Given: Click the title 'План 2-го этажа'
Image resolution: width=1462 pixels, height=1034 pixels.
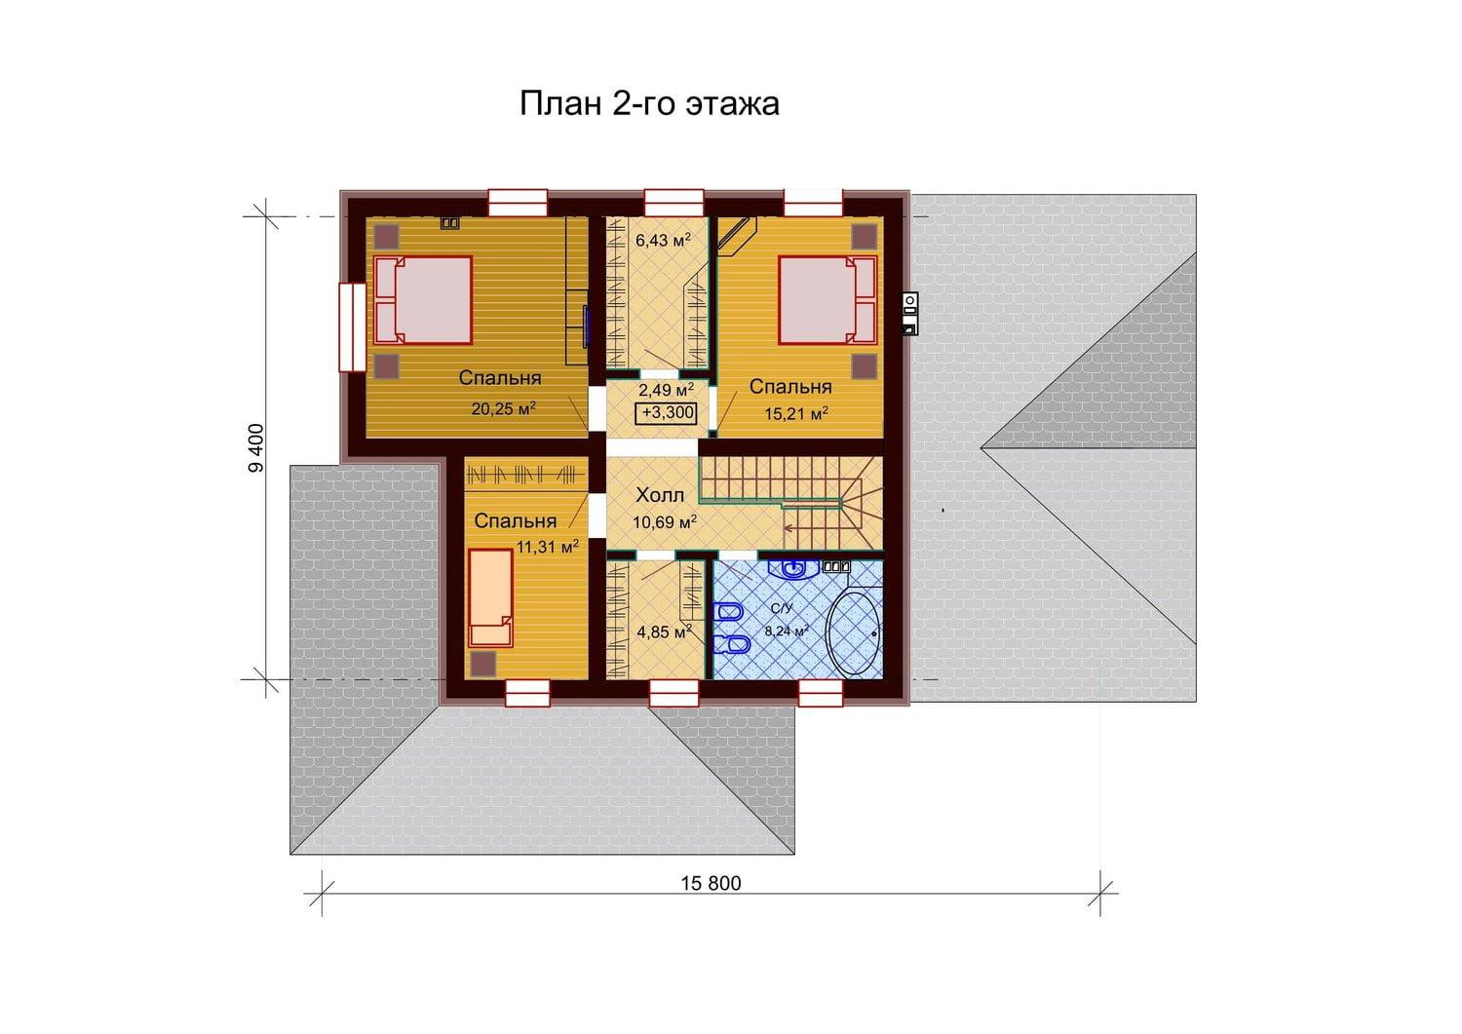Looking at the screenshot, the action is tap(649, 103).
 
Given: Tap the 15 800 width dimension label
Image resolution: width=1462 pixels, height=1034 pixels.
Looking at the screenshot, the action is tap(711, 883).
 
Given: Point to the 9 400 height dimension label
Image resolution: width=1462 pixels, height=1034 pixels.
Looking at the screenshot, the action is tap(256, 447).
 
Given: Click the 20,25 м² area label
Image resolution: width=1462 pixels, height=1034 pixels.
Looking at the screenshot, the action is tap(503, 408).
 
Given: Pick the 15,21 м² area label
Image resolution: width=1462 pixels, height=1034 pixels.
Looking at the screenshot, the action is tap(795, 413).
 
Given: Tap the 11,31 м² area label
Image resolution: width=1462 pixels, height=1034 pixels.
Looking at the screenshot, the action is tap(548, 547).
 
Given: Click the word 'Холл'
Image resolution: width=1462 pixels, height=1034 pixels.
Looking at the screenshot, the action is tap(660, 495).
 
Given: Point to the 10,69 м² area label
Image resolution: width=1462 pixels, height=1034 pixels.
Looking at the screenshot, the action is tap(665, 521).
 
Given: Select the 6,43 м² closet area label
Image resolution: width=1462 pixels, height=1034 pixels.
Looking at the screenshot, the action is tap(663, 240).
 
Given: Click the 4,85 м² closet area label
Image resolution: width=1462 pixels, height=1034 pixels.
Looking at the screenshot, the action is tap(665, 632).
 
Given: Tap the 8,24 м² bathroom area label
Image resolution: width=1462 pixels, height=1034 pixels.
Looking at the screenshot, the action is tap(787, 631).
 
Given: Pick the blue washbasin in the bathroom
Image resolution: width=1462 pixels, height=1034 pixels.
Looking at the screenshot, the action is tap(793, 569).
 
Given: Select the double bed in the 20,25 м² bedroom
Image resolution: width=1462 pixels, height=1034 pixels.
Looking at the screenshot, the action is tap(422, 299).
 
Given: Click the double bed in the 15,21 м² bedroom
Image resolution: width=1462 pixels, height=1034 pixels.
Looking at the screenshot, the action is tap(827, 299).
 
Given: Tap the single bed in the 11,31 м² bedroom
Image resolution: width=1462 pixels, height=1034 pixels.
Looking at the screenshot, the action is tap(490, 598).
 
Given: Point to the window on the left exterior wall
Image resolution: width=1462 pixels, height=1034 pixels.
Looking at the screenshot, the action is tap(353, 326).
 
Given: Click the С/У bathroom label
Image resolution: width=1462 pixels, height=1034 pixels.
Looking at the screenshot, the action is tap(782, 608).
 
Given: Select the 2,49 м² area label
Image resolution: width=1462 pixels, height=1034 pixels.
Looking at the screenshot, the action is tap(666, 390).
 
